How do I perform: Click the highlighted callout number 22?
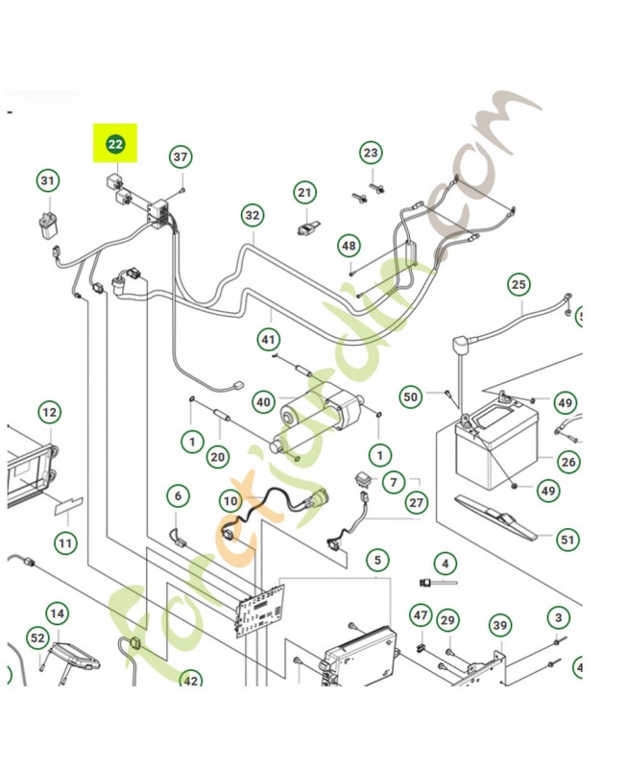coord(115,145)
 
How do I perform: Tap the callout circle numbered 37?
coord(181,156)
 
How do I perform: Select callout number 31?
coord(48,180)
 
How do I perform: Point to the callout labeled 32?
coord(252,215)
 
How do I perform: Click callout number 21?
coord(304,193)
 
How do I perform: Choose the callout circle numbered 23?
coord(372,153)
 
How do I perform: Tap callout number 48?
coord(348,246)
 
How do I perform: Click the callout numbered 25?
coord(518,284)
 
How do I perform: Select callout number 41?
coord(268,339)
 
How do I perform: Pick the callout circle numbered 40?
coord(262,401)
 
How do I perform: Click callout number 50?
coord(411,396)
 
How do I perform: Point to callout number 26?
coord(568,462)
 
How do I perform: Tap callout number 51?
coord(568,540)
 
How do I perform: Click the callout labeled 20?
coord(218,456)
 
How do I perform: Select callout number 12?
coord(49,413)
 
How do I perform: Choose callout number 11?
coord(64,543)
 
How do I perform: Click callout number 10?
coord(229,500)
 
